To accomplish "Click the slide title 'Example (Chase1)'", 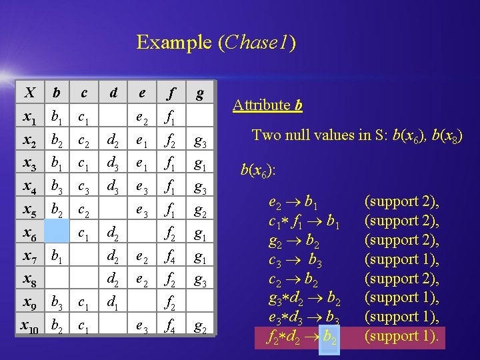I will coord(216,43).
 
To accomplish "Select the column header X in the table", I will coord(30,93).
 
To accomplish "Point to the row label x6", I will coord(29,234).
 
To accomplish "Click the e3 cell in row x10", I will coord(142,327).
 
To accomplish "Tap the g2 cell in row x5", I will coord(199,211).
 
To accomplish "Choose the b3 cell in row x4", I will coord(59,187).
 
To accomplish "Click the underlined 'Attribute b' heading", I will coord(267,105).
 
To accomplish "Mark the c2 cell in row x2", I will coord(83,141).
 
